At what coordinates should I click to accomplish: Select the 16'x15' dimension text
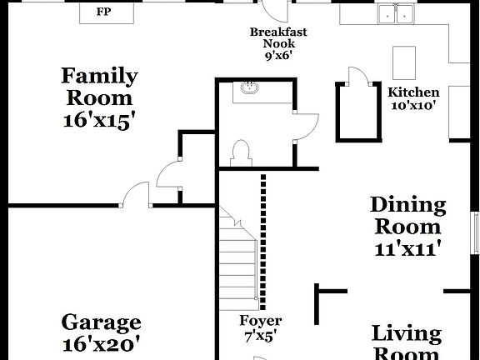pyautogui.click(x=99, y=120)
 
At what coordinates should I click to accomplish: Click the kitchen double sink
pyautogui.click(x=395, y=14)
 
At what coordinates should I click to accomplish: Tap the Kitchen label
pyautogui.click(x=413, y=92)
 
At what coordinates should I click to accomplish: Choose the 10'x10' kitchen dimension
pyautogui.click(x=413, y=105)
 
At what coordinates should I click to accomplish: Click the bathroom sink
pyautogui.click(x=248, y=88)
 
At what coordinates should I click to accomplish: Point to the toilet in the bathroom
pyautogui.click(x=240, y=152)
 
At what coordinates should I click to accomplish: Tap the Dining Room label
pyautogui.click(x=407, y=215)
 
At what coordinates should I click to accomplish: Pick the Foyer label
pyautogui.click(x=260, y=321)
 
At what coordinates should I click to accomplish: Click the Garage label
pyautogui.click(x=101, y=322)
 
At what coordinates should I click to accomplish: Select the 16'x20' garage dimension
pyautogui.click(x=101, y=342)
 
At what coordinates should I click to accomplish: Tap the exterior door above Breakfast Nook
pyautogui.click(x=274, y=10)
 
